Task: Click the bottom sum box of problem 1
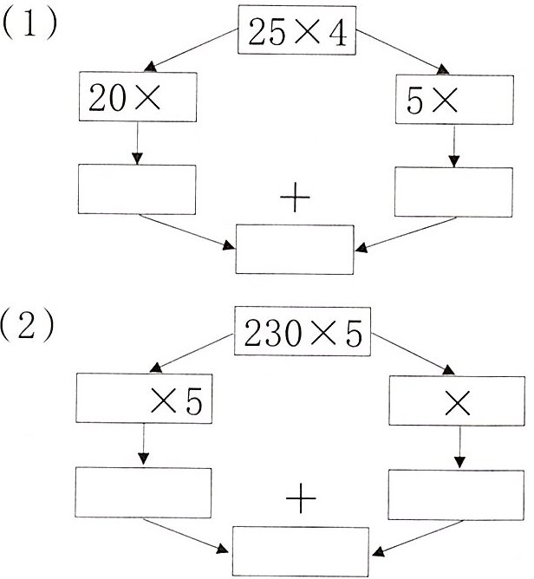296,249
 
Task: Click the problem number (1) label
30,23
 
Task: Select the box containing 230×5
303,333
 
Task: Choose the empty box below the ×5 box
144,491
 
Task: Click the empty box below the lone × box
458,493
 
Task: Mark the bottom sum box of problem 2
302,551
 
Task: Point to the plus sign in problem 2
301,501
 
